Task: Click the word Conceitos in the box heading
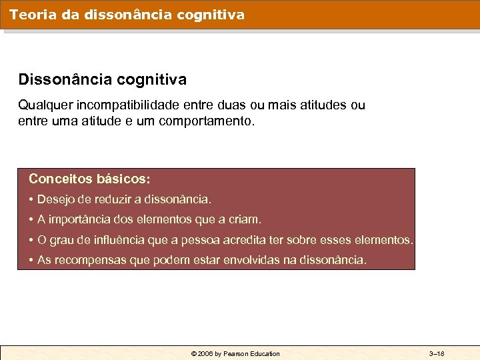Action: pyautogui.click(x=60, y=179)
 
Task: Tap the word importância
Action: pyautogui.click(x=83, y=219)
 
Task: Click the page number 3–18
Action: pyautogui.click(x=437, y=353)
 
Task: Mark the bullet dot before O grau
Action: pyautogui.click(x=31, y=239)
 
